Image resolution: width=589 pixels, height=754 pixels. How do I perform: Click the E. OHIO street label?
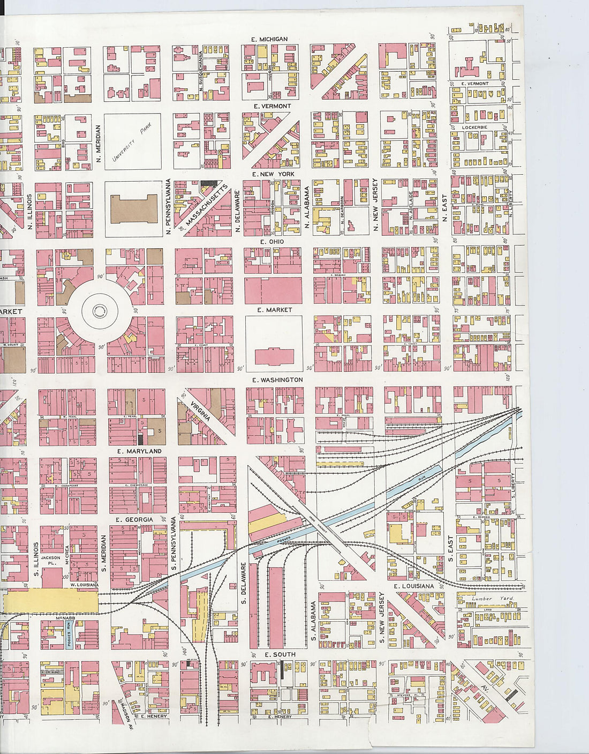[x=272, y=242]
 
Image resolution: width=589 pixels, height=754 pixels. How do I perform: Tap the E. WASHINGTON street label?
[x=277, y=379]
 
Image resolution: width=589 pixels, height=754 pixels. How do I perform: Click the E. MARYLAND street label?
[x=139, y=451]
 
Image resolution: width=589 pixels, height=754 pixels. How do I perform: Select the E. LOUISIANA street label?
[x=414, y=586]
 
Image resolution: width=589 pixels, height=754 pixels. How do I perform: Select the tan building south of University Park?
[x=134, y=209]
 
